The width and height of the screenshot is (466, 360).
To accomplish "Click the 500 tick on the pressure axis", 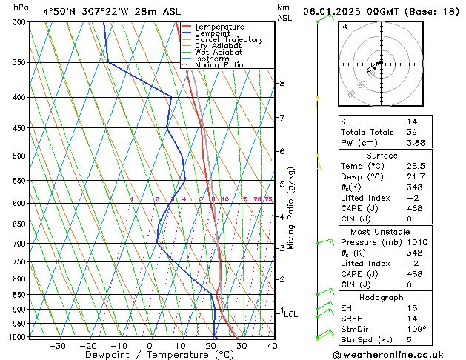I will pyautogui.click(x=21, y=156).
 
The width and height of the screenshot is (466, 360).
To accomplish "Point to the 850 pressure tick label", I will pyautogui.click(x=21, y=295).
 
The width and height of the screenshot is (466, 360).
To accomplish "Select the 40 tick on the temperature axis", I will pyautogui.click(x=272, y=345).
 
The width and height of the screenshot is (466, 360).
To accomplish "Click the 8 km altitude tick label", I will pyautogui.click(x=282, y=84).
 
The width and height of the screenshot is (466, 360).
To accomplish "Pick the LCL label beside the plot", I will pyautogui.click(x=291, y=314).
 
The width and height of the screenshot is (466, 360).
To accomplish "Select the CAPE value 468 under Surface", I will pyautogui.click(x=414, y=208).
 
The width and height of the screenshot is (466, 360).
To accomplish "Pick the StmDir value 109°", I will pyautogui.click(x=416, y=329).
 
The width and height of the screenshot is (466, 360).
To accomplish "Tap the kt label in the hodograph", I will pyautogui.click(x=344, y=27).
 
